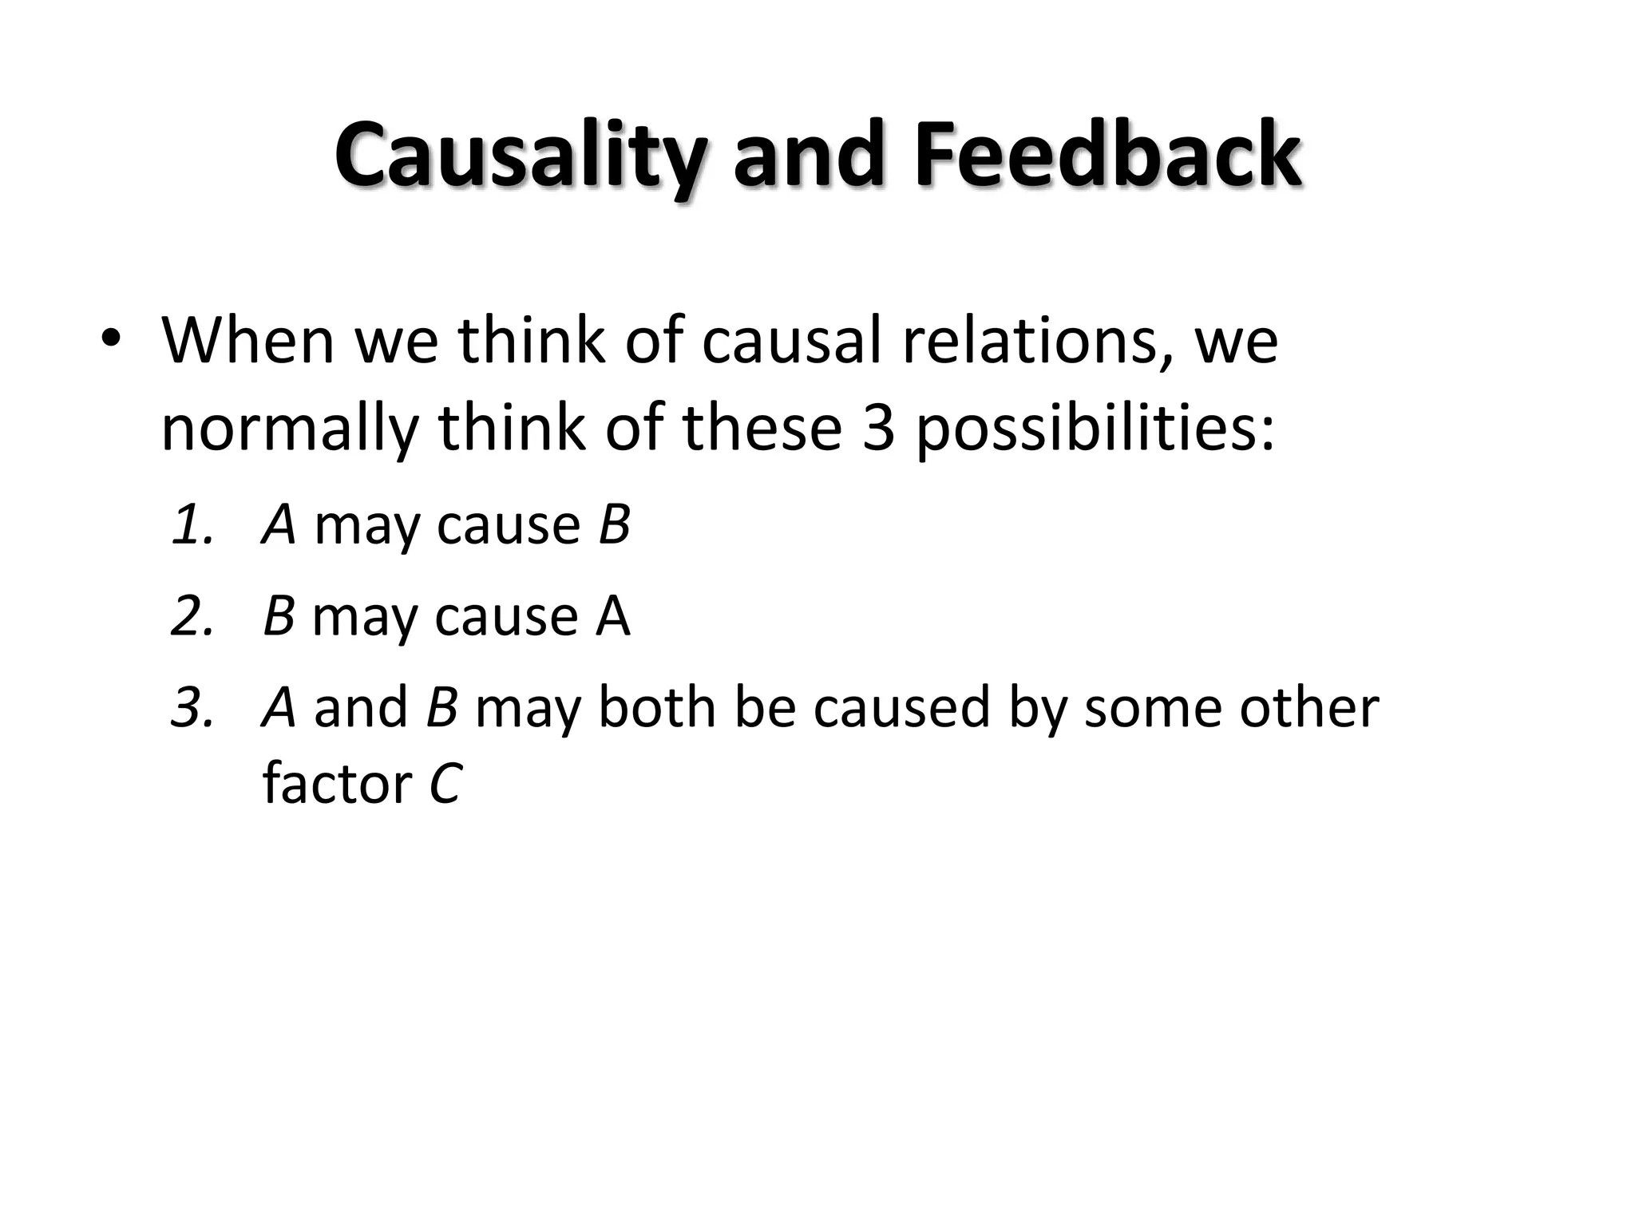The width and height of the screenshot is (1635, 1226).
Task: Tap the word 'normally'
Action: (x=289, y=428)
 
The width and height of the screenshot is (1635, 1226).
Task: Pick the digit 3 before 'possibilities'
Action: (x=878, y=428)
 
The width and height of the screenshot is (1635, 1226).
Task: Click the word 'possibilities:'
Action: (x=1094, y=429)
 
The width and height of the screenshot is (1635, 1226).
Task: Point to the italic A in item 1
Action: (x=279, y=525)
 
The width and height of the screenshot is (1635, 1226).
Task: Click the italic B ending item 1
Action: (x=613, y=525)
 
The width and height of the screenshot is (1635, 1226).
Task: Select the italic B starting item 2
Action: (x=279, y=616)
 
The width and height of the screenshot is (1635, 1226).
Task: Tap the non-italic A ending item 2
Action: (x=612, y=616)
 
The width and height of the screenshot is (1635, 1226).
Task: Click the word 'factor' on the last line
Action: (x=336, y=784)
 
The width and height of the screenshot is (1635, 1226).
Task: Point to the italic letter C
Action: (x=445, y=784)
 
